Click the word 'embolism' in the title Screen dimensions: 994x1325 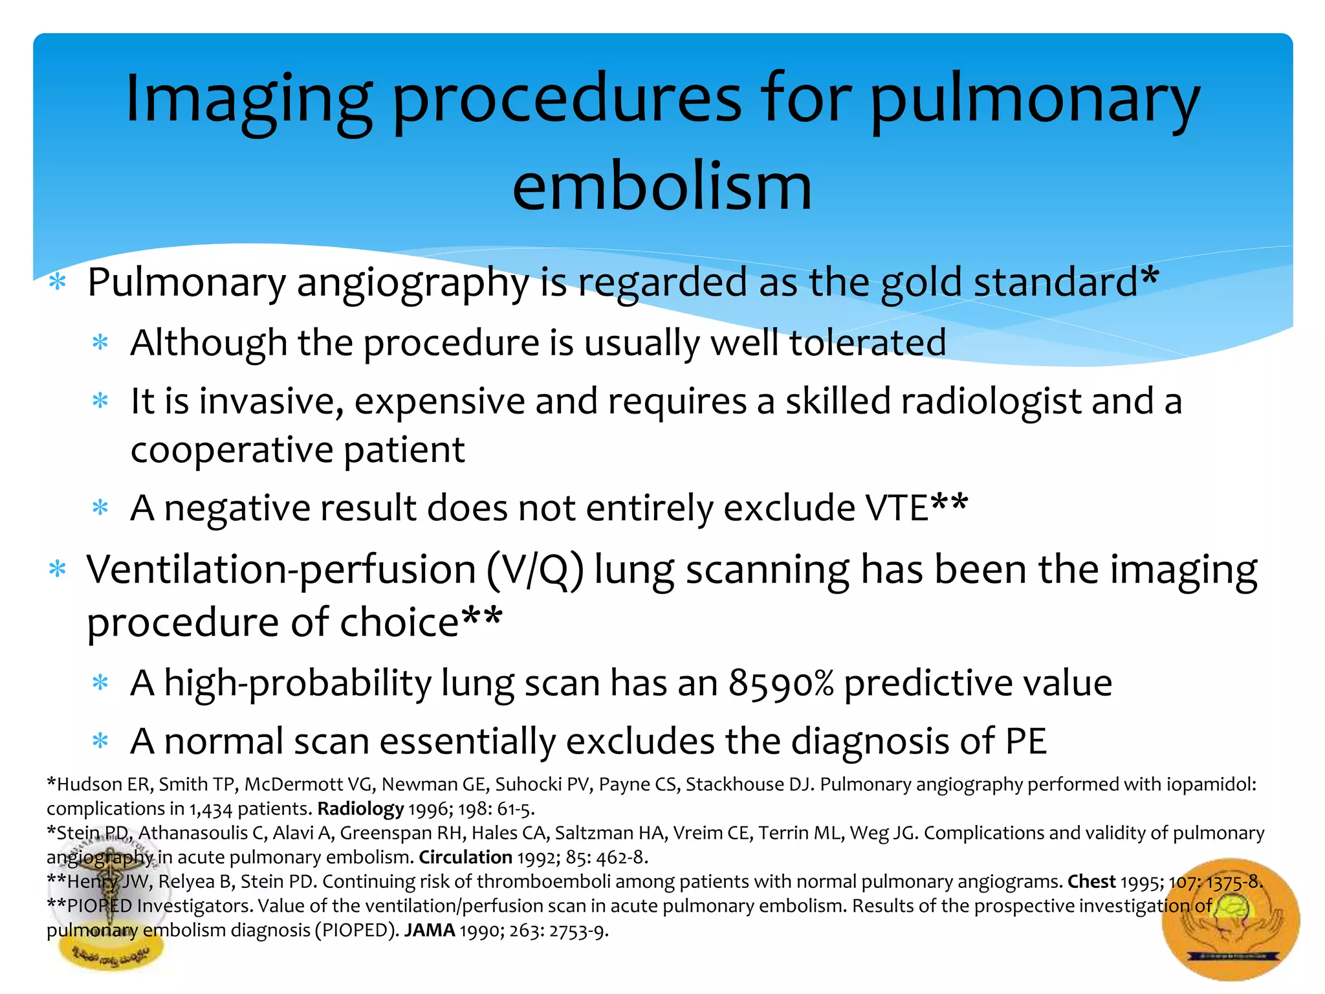pyautogui.click(x=661, y=188)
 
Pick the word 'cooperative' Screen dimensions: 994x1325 pyautogui.click(x=232, y=450)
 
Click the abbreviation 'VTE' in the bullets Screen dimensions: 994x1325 pyautogui.click(x=897, y=508)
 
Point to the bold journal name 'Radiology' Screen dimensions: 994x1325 pyautogui.click(x=360, y=809)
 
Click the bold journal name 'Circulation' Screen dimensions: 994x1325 pyautogui.click(x=465, y=857)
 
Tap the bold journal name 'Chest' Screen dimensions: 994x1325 pyautogui.click(x=1091, y=881)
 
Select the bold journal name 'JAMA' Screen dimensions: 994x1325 pyautogui.click(x=430, y=931)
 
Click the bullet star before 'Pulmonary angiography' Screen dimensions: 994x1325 pyautogui.click(x=58, y=282)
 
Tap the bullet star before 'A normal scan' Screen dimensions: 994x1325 pyautogui.click(x=100, y=740)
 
